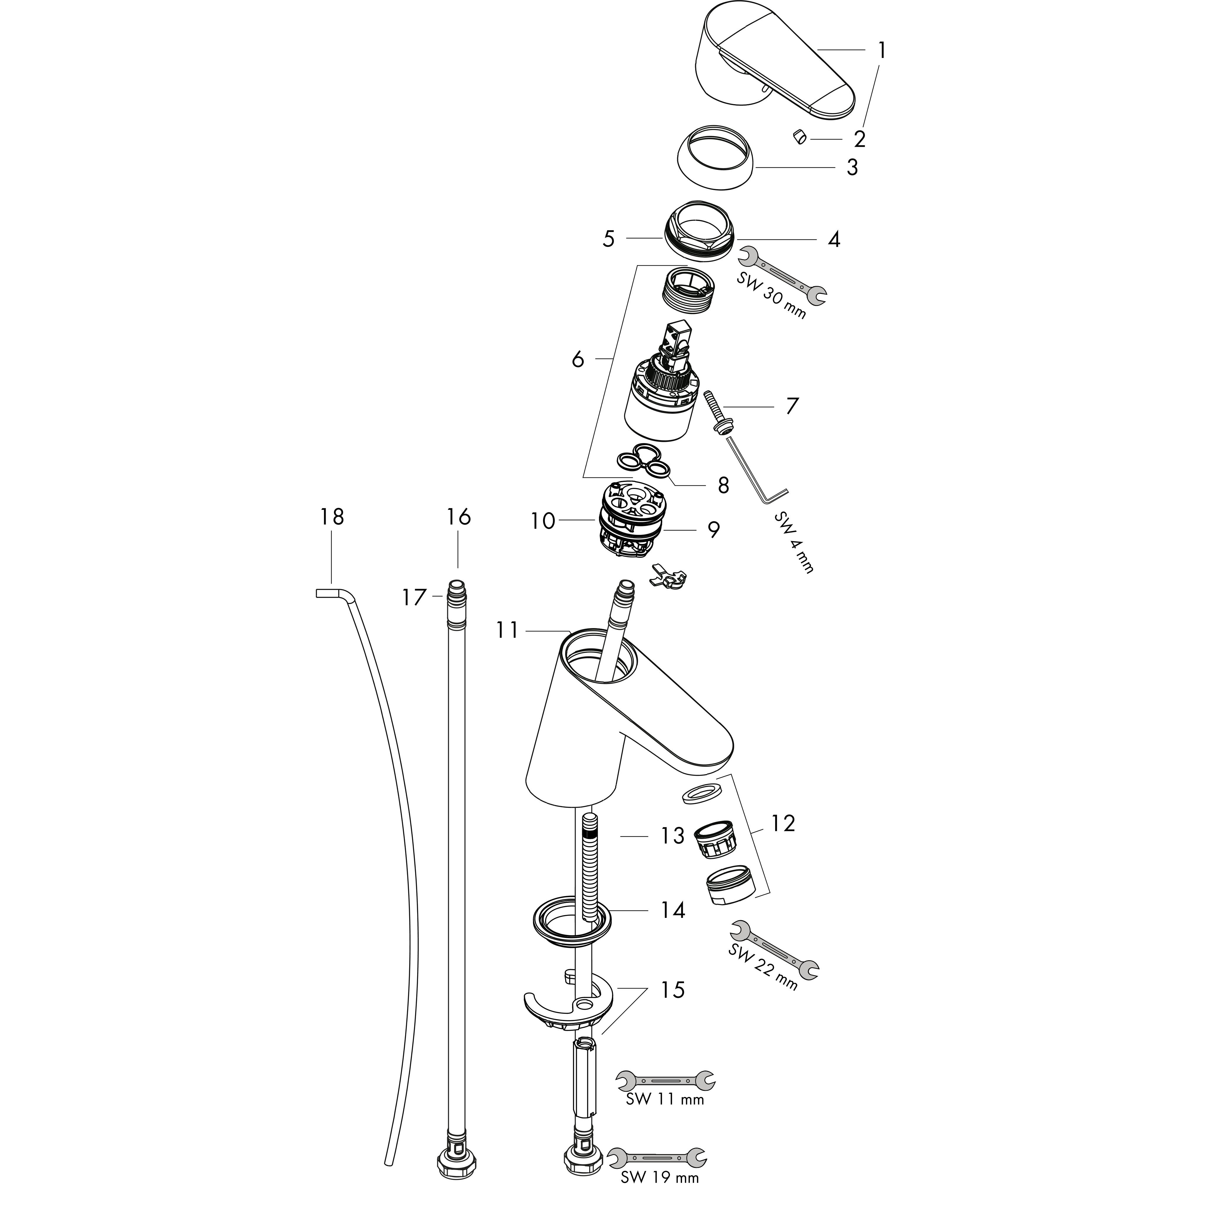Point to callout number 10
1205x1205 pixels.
542,521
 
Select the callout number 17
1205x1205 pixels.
414,597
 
